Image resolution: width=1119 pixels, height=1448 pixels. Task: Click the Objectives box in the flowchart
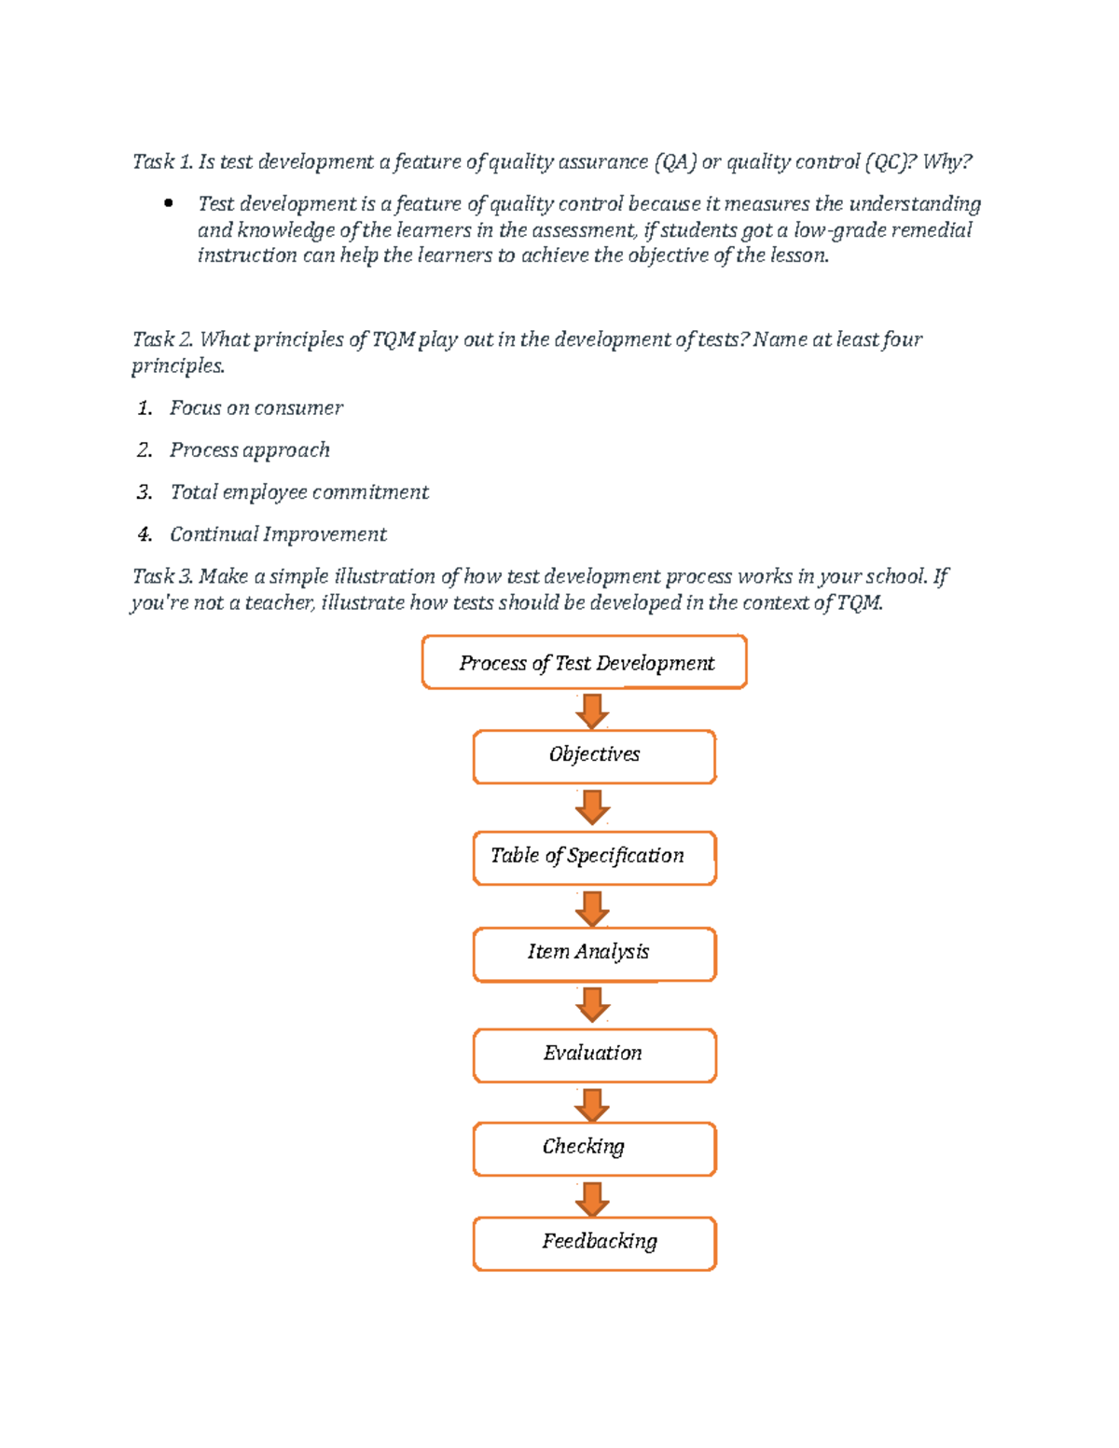tap(594, 756)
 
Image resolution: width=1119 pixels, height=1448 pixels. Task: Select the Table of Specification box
tap(594, 858)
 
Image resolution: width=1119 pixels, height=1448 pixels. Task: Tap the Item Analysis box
tap(594, 954)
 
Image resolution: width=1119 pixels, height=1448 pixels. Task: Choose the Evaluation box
tap(594, 1055)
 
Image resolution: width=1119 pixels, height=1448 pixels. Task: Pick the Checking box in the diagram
tap(594, 1149)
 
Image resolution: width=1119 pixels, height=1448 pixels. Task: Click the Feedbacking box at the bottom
tap(594, 1243)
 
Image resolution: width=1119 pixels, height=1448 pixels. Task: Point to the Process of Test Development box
tap(585, 663)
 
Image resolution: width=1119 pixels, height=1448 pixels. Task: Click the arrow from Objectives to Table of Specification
tap(592, 807)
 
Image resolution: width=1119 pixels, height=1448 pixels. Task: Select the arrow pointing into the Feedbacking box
tap(592, 1198)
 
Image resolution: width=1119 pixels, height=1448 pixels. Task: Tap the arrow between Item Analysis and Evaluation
tap(592, 1004)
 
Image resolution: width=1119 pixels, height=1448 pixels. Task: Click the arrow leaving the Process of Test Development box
tap(592, 710)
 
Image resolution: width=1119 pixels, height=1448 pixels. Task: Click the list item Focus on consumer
tap(256, 408)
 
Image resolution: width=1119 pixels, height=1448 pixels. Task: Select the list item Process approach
tap(249, 450)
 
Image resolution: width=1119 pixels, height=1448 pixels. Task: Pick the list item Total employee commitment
tap(298, 492)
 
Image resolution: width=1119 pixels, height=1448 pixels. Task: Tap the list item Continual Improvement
tap(277, 534)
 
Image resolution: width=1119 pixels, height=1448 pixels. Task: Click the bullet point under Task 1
tap(169, 203)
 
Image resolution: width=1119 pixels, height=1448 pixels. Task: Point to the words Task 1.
tap(162, 162)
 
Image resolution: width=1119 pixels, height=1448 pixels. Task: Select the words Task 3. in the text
tap(162, 576)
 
